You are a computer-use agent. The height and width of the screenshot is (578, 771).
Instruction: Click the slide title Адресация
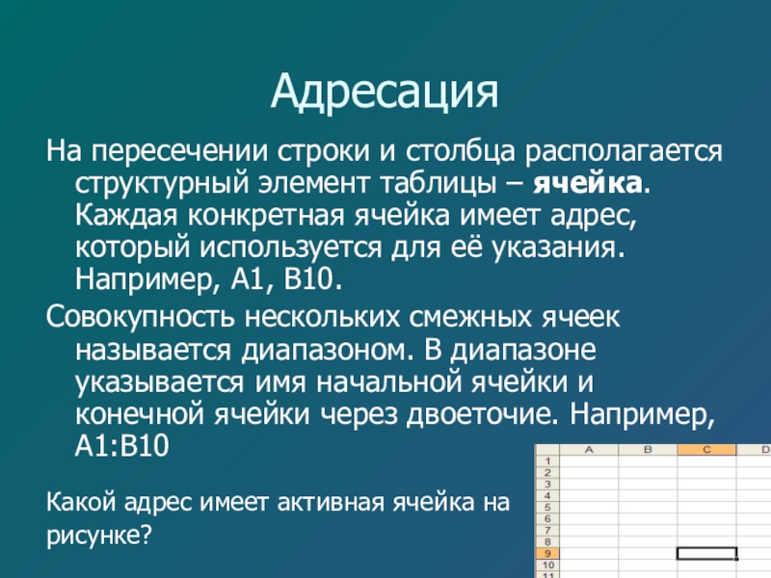pyautogui.click(x=385, y=92)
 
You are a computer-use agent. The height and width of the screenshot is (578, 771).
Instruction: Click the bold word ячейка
pyautogui.click(x=588, y=184)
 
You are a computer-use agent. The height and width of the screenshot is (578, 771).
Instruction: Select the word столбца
pyautogui.click(x=461, y=152)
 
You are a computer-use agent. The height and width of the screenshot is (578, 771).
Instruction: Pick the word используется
pyautogui.click(x=291, y=249)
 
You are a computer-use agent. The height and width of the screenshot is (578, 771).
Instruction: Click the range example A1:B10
pyautogui.click(x=122, y=446)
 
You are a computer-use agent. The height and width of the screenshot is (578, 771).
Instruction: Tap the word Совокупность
pyautogui.click(x=140, y=318)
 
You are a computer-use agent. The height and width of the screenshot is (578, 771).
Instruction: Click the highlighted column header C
pyautogui.click(x=706, y=449)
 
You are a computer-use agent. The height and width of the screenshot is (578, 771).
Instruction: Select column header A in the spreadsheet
pyautogui.click(x=589, y=449)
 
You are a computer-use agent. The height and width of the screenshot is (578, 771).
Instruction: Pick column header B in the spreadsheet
pyautogui.click(x=648, y=449)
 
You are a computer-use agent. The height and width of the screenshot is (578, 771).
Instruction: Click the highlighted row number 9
pyautogui.click(x=547, y=553)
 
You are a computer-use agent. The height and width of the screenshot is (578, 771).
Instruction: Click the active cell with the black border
pyautogui.click(x=707, y=553)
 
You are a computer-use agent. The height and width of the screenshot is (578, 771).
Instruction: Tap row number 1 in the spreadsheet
pyautogui.click(x=547, y=461)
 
